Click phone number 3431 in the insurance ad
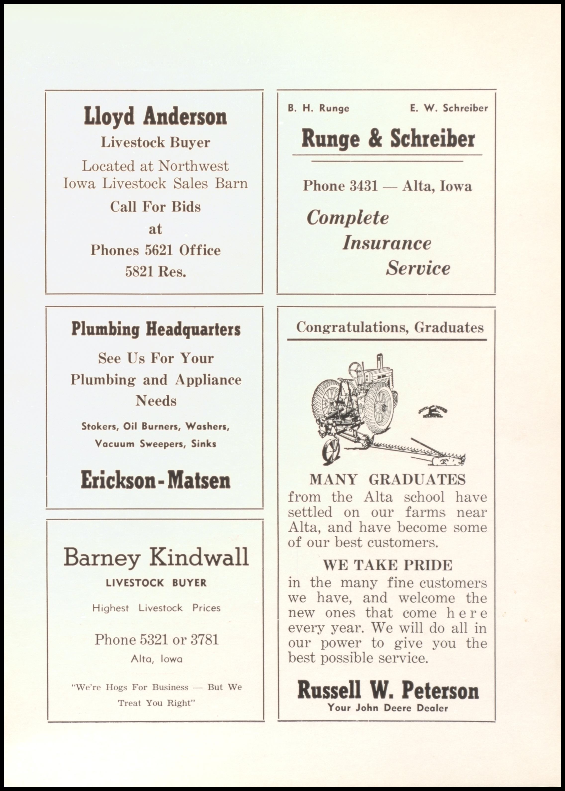tap(364, 186)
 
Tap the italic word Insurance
tap(386, 243)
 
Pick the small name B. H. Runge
tap(318, 108)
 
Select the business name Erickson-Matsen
tap(155, 480)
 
